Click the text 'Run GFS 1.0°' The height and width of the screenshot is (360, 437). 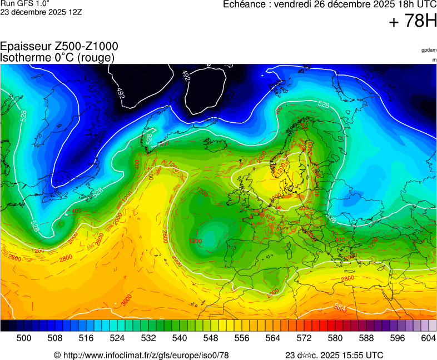24,3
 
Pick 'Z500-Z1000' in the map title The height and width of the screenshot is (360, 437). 86,47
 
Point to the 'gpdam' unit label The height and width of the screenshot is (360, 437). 429,50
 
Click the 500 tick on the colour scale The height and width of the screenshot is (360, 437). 24,338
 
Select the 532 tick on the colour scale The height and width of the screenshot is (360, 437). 148,338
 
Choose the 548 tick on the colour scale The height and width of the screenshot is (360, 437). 211,338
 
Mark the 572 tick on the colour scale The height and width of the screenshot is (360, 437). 304,338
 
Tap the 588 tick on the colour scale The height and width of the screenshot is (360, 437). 366,338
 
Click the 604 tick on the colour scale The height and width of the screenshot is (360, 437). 428,338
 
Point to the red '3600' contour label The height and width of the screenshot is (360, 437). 126,302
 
